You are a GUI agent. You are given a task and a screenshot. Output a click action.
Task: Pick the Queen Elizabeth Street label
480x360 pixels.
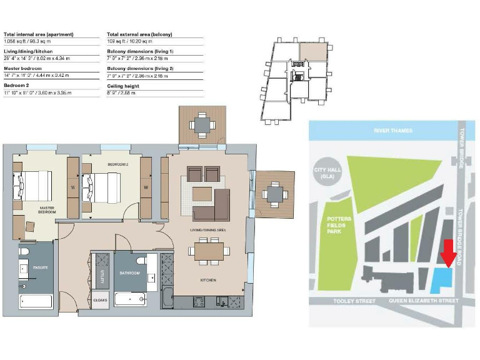point(419,301)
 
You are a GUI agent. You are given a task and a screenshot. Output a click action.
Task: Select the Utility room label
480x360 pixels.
point(100,275)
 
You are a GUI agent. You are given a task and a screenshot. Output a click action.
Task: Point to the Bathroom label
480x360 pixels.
point(130,273)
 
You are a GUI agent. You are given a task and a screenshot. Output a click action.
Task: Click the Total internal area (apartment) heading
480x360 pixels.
point(39,34)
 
